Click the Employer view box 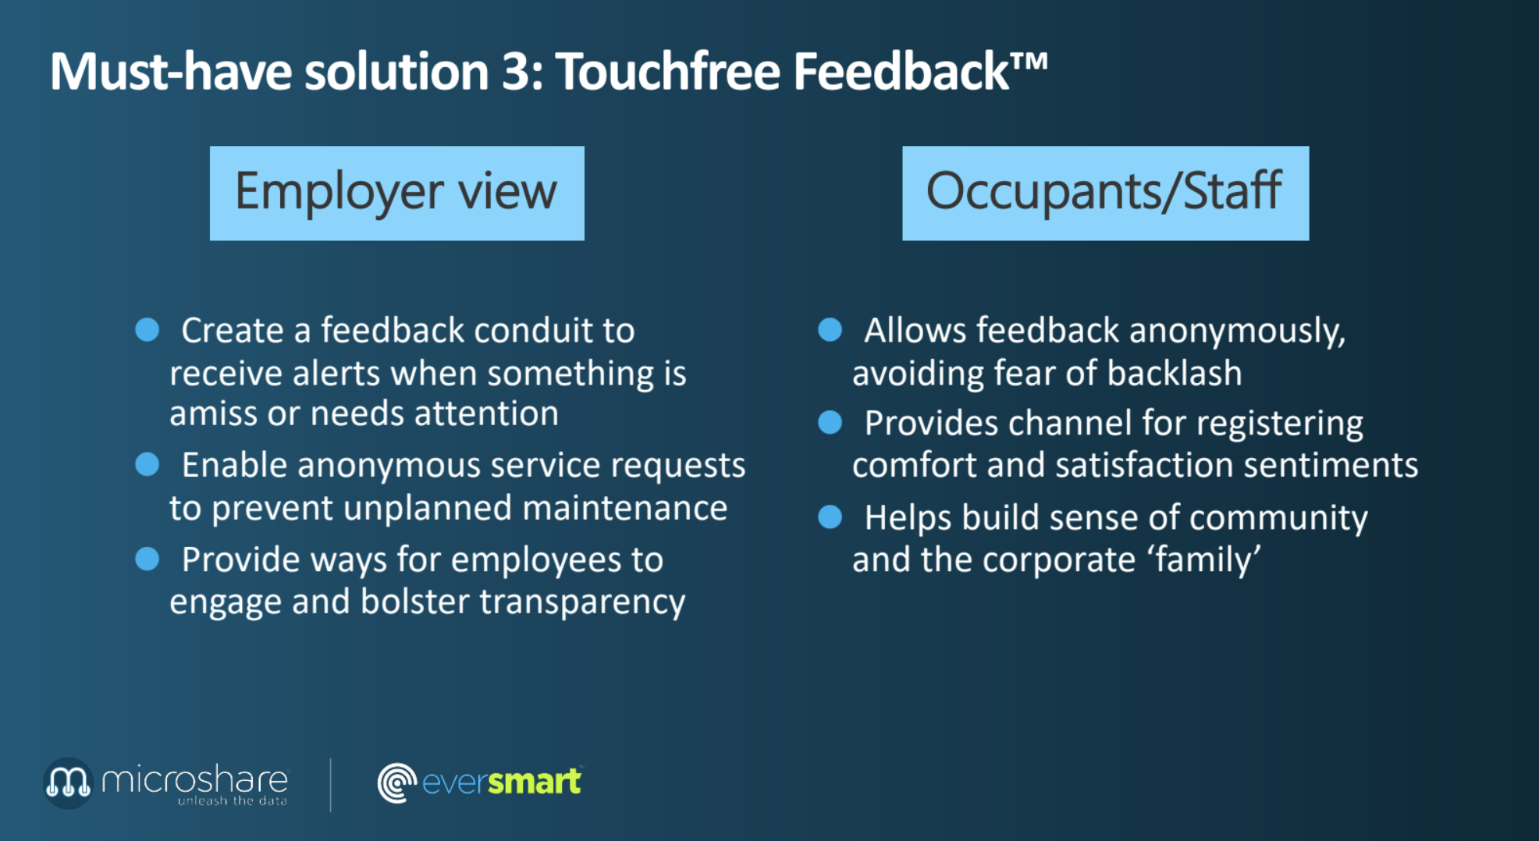point(396,193)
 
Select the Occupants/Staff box point(1105,193)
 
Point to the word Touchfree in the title point(668,71)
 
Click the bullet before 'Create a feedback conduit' point(148,329)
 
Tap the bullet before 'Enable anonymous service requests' point(148,464)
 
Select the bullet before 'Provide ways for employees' point(148,559)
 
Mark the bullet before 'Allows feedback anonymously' point(830,329)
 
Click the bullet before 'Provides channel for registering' point(830,422)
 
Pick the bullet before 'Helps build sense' point(830,516)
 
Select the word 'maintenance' point(624,508)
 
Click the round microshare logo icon point(68,782)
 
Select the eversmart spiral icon point(396,782)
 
